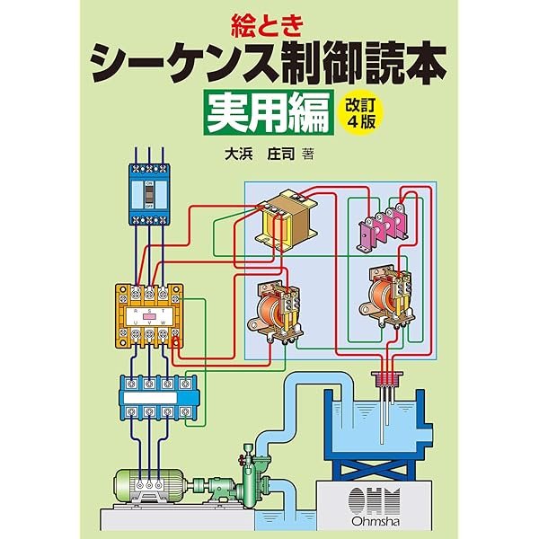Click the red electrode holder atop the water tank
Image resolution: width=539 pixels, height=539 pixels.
pos(387,383)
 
